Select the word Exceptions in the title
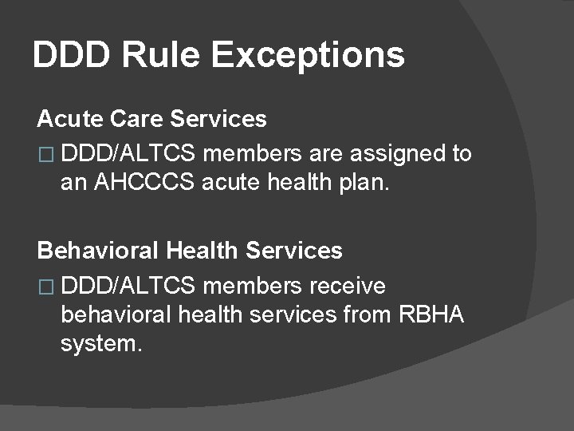(309, 56)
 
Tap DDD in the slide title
(65, 55)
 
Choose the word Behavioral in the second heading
(99, 251)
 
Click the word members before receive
(253, 286)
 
